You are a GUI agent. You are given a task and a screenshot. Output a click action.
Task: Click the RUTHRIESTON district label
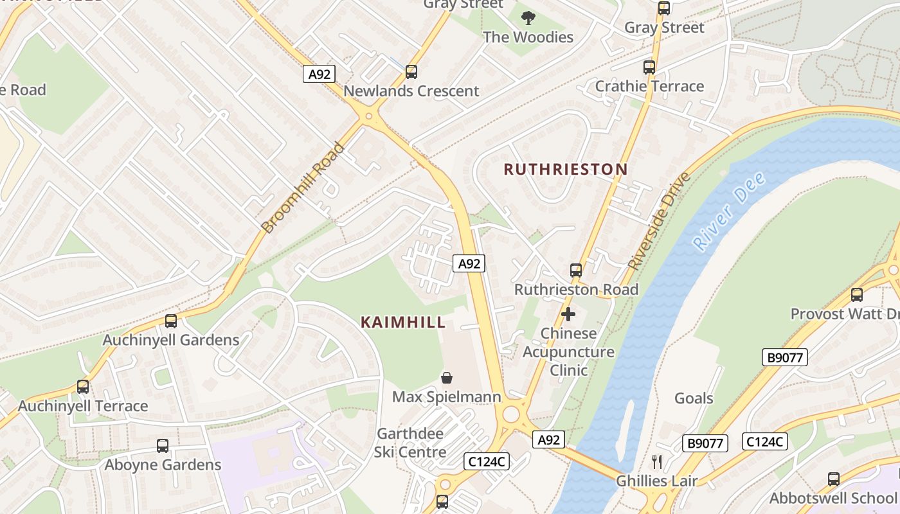pyautogui.click(x=565, y=170)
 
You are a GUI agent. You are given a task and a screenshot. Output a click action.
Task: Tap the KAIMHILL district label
pyautogui.click(x=403, y=323)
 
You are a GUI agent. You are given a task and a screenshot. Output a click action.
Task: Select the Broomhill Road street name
pyautogui.click(x=303, y=188)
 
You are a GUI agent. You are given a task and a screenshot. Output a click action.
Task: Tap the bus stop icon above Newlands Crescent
pyautogui.click(x=411, y=72)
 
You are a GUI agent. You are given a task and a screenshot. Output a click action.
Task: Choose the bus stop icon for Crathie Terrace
pyautogui.click(x=649, y=67)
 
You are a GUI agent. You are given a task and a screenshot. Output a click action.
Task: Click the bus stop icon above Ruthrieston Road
pyautogui.click(x=576, y=270)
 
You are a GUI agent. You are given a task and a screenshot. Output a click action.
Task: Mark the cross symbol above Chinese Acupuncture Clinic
pyautogui.click(x=568, y=314)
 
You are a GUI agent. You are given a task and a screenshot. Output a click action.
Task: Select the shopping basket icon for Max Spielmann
pyautogui.click(x=446, y=378)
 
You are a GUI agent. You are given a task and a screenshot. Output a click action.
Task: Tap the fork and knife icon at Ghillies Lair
pyautogui.click(x=656, y=461)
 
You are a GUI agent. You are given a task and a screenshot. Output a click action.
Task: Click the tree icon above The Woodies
pyautogui.click(x=528, y=18)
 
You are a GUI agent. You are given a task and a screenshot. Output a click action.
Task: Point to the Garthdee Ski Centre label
pyautogui.click(x=410, y=443)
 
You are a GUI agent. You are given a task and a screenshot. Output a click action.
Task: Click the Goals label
pyautogui.click(x=694, y=398)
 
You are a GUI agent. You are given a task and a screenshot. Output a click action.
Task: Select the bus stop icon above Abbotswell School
pyautogui.click(x=834, y=479)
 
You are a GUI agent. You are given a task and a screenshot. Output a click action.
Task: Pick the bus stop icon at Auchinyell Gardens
pyautogui.click(x=171, y=321)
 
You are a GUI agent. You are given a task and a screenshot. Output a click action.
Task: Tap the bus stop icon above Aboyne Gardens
pyautogui.click(x=163, y=446)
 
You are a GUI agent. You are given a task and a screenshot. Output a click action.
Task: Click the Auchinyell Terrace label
pyautogui.click(x=83, y=406)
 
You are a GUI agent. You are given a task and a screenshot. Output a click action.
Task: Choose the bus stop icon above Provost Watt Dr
pyautogui.click(x=857, y=295)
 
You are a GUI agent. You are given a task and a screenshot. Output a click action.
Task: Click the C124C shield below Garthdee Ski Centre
pyautogui.click(x=487, y=461)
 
